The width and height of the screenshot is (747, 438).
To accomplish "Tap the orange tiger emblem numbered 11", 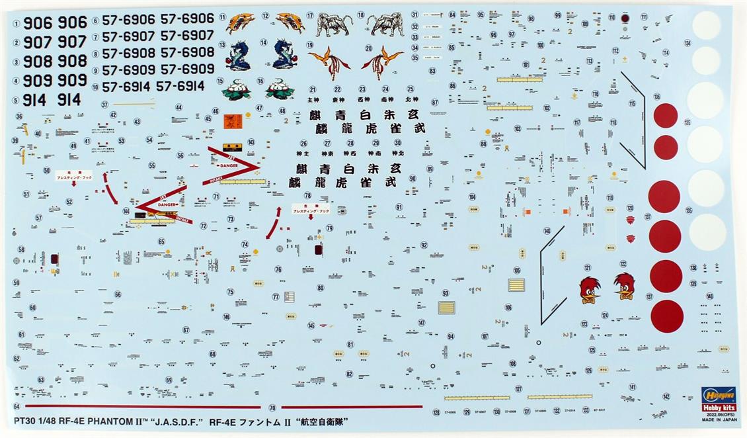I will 240,24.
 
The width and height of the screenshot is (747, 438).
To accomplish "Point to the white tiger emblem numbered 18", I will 387,25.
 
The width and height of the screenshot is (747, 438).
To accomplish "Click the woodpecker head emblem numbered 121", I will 589,287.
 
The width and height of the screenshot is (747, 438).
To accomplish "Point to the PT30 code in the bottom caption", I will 24,421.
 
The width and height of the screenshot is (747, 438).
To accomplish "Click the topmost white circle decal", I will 706,25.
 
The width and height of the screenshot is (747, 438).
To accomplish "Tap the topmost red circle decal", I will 665,115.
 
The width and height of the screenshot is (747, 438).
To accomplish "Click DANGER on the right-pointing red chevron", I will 227,164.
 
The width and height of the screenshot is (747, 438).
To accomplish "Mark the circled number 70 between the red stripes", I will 272,408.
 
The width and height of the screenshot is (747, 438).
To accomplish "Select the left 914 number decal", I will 34,100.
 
